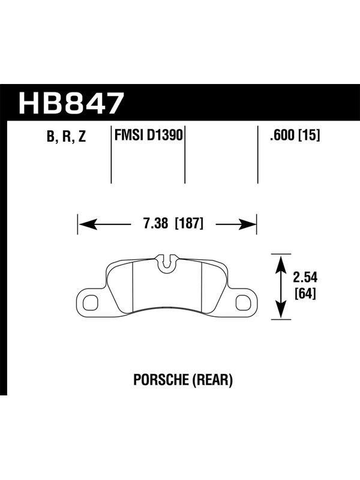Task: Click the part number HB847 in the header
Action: pyautogui.click(x=71, y=103)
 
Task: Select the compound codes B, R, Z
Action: pyautogui.click(x=67, y=136)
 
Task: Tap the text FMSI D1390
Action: pyautogui.click(x=148, y=134)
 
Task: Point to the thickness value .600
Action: pyautogui.click(x=281, y=135)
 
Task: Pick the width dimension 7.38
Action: pyautogui.click(x=155, y=224)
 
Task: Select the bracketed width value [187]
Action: pyautogui.click(x=189, y=224)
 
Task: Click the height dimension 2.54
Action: pyautogui.click(x=305, y=277)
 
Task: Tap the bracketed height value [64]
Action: pyautogui.click(x=305, y=294)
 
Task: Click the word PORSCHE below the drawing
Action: pyautogui.click(x=161, y=380)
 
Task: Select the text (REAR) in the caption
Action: pyautogui.click(x=212, y=380)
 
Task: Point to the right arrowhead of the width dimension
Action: pyautogui.click(x=247, y=224)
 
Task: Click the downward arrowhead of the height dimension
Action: pyautogui.click(x=281, y=310)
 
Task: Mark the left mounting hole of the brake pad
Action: pyautogui.click(x=91, y=302)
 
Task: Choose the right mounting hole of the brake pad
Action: pyautogui.click(x=244, y=302)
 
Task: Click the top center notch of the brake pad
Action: pyautogui.click(x=166, y=262)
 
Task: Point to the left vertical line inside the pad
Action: pyautogui.click(x=133, y=287)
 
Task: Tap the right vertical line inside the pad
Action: pyautogui.click(x=202, y=287)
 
